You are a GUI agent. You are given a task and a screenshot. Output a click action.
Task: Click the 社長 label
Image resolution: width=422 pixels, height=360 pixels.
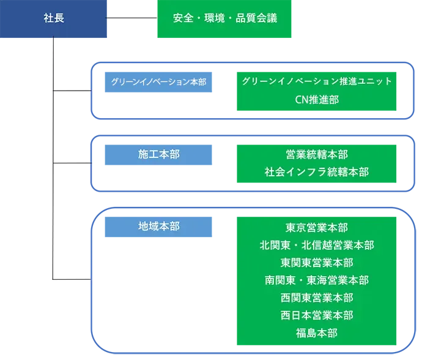[54, 18]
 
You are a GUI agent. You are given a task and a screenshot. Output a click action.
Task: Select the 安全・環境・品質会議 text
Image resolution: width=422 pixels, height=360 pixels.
[225, 18]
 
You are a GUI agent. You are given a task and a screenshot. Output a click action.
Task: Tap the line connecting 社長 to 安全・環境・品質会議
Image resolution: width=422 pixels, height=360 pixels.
[131, 18]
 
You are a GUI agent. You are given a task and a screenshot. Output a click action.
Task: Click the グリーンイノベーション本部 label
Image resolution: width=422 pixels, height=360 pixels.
[158, 81]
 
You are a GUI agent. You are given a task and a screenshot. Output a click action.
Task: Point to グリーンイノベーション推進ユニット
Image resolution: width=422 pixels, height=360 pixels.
[317, 81]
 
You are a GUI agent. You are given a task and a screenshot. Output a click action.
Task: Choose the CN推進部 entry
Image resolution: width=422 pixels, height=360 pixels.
[316, 99]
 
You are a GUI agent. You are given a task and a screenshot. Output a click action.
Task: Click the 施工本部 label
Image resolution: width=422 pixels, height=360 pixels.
[159, 155]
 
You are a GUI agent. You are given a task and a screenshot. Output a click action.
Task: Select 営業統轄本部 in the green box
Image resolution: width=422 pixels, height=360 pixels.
[317, 154]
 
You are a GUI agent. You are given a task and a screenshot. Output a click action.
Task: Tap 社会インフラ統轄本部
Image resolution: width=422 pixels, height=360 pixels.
[317, 172]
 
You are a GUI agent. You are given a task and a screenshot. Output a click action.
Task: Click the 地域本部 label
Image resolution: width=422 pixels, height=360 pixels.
[159, 226]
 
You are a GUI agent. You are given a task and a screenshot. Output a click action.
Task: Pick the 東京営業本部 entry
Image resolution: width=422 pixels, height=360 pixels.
[317, 227]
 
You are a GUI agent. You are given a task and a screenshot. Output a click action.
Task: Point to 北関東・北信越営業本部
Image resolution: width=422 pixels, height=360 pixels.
[317, 245]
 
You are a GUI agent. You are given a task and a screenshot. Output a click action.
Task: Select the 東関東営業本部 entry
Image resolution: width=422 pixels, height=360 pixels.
[317, 263]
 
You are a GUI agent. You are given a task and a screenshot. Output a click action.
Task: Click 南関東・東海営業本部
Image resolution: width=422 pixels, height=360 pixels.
[317, 280]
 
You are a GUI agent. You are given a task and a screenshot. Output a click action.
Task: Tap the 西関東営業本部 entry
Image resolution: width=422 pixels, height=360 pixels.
[317, 298]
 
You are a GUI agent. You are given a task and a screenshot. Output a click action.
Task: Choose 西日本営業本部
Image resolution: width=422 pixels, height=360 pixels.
[317, 316]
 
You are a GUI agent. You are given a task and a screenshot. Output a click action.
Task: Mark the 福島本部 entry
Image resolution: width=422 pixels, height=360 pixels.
[317, 334]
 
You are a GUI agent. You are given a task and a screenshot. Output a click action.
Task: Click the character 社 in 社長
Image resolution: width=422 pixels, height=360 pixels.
[49, 18]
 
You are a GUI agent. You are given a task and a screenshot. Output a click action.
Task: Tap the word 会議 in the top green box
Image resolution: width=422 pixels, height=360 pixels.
[267, 18]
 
